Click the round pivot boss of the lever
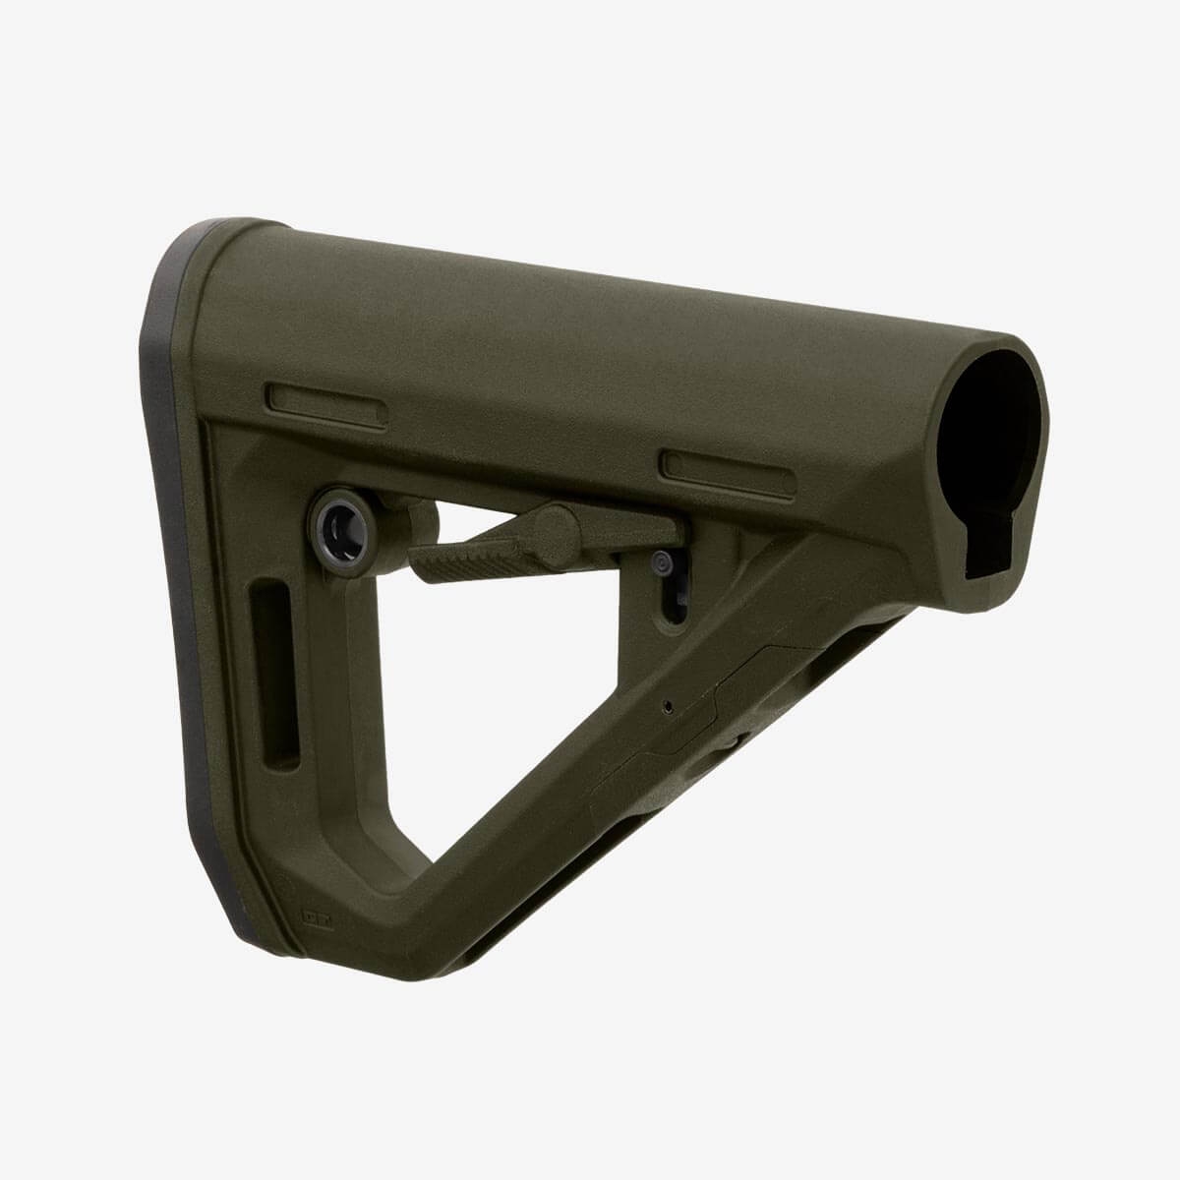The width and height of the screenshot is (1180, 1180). pos(562,522)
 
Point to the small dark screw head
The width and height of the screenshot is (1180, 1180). pos(662,562)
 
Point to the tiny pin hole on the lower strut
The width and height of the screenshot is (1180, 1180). pos(668,704)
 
